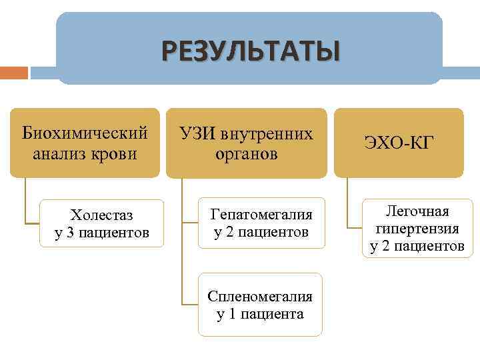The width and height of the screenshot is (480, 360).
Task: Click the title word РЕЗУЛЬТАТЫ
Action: pyautogui.click(x=249, y=51)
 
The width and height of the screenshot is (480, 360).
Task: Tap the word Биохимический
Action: pyautogui.click(x=85, y=133)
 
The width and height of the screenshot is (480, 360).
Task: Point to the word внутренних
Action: pyautogui.click(x=269, y=133)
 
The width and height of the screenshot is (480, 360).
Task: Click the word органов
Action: pyautogui.click(x=246, y=154)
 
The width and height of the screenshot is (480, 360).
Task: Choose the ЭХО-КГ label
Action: pyautogui.click(x=399, y=142)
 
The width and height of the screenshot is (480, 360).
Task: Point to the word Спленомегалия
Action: pyautogui.click(x=260, y=295)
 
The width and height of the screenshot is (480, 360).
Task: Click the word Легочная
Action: pyautogui.click(x=417, y=211)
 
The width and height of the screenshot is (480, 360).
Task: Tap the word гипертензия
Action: pyautogui.click(x=417, y=229)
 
